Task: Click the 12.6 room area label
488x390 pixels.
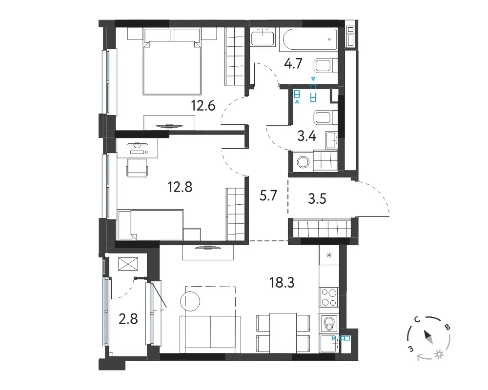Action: coord(203,106)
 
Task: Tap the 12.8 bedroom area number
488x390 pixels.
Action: coord(180,187)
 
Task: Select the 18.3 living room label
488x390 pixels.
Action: coord(282,283)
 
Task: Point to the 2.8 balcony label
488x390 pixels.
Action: coord(128,319)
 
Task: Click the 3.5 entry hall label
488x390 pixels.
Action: coord(317,199)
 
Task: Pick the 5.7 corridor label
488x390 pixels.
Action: coord(268,196)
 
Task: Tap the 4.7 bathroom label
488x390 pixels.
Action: coord(293,63)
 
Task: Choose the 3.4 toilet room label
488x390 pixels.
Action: coord(307,136)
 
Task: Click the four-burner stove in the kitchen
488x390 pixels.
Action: coord(329,297)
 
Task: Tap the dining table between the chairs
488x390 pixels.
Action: coord(283,333)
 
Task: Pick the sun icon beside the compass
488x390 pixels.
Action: coord(440,354)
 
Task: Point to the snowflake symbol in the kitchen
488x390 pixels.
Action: coord(329,255)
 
